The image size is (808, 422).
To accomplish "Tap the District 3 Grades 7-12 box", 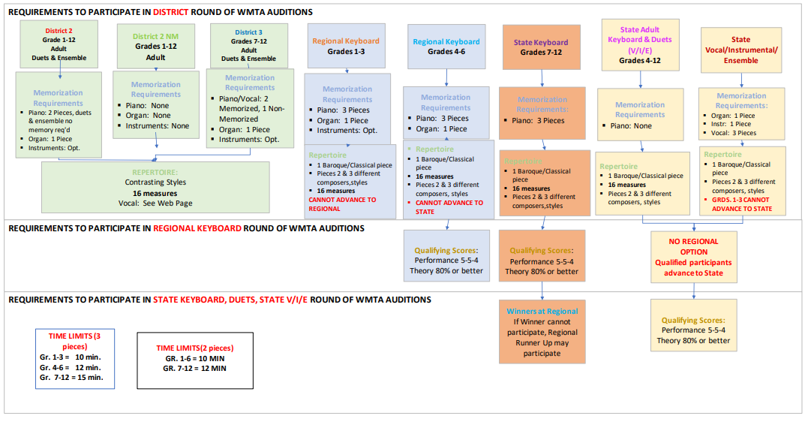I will coord(248,45).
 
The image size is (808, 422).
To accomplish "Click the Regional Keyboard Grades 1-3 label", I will coord(345,47).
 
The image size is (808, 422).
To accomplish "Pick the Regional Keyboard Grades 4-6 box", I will coord(446,47).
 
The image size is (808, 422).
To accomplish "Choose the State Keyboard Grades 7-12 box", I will coord(541,47).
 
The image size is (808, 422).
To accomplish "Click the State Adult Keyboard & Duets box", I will coord(640,44).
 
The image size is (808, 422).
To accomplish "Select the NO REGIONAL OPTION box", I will coord(693,257).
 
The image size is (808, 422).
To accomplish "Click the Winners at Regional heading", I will coord(541,311).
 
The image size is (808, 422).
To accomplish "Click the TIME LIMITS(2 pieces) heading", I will coord(194,348).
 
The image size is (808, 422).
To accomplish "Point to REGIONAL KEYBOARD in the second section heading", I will coord(197,228).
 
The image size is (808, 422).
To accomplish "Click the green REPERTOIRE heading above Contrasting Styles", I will coord(155,171).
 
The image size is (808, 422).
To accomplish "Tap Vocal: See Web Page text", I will coord(155,203).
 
